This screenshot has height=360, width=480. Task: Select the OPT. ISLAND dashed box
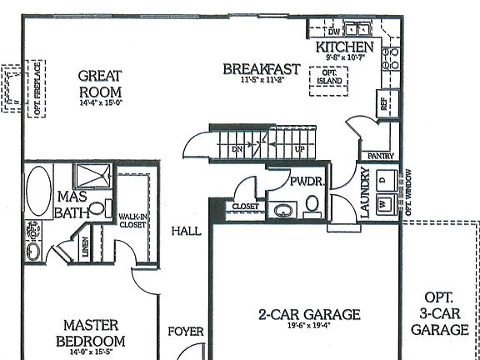[x=331, y=77]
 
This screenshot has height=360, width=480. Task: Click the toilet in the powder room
[x=312, y=202]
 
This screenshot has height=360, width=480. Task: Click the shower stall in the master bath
[x=88, y=177]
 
